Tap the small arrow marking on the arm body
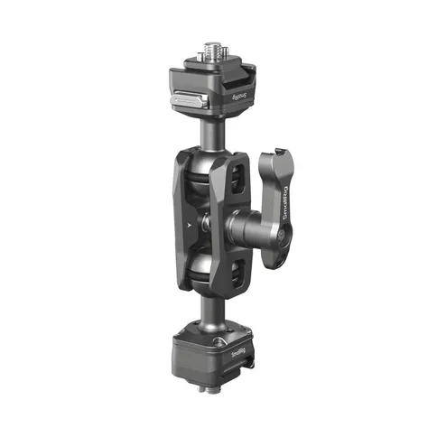coord(190,220)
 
